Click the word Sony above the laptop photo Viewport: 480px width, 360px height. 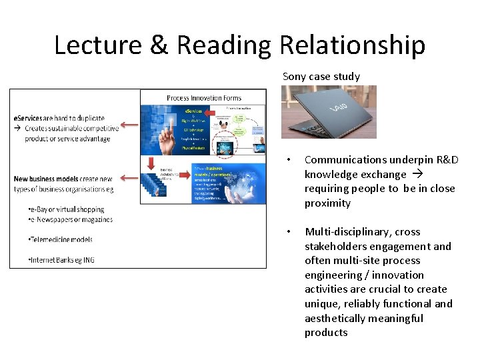coord(294,76)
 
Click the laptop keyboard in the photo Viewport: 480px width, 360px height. coord(307,127)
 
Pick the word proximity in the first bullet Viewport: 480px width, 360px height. coord(327,203)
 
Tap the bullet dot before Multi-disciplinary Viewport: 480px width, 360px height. coord(287,232)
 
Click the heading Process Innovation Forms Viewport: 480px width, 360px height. coord(204,98)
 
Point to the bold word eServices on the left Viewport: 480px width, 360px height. coord(29,118)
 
